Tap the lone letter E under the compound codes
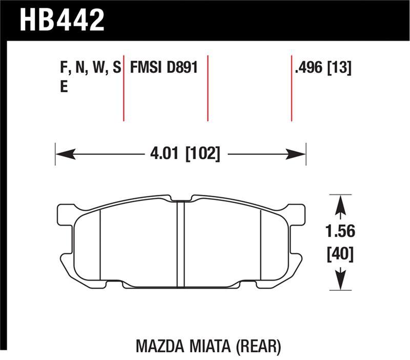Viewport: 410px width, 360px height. pos(64,87)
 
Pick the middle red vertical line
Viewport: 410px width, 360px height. pos(208,87)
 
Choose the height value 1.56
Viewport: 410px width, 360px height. pos(340,231)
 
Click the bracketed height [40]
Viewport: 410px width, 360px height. pos(340,253)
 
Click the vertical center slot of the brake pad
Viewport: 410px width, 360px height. pos(180,244)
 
